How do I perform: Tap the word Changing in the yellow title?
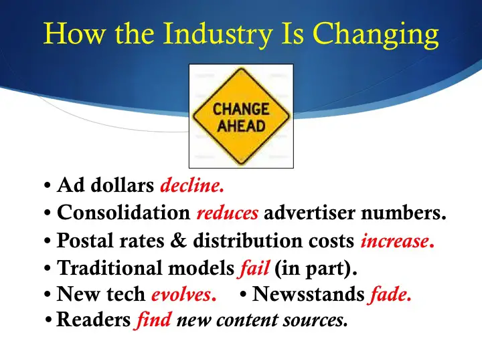[376, 34]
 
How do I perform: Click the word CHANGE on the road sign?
[241, 109]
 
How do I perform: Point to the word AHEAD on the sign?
[241, 126]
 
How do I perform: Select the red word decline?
[192, 185]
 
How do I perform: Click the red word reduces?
[228, 213]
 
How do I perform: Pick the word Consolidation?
[124, 212]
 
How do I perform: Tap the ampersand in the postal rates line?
[179, 241]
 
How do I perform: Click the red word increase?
[398, 241]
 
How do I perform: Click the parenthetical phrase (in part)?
[316, 268]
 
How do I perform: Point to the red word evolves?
[184, 294]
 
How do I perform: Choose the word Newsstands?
[308, 293]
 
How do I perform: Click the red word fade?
[390, 293]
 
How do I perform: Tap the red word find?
[153, 320]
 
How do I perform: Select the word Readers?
[94, 320]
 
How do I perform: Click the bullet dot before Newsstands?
[243, 295]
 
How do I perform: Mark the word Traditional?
[110, 267]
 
